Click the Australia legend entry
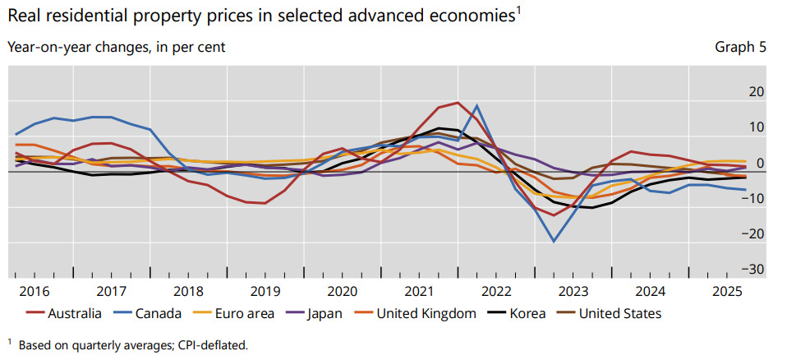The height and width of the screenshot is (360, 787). pyautogui.click(x=75, y=313)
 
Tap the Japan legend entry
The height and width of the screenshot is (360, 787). pyautogui.click(x=326, y=313)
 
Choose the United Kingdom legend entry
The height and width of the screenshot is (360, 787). pyautogui.click(x=426, y=313)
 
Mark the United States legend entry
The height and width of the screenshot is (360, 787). pyautogui.click(x=620, y=313)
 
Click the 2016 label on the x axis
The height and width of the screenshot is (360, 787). pyautogui.click(x=35, y=291)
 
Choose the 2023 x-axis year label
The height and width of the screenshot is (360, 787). pyautogui.click(x=573, y=291)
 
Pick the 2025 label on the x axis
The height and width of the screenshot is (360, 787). pyautogui.click(x=727, y=291)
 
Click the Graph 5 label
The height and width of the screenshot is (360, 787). pyautogui.click(x=740, y=47)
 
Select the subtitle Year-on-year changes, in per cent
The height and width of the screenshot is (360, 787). pyautogui.click(x=116, y=47)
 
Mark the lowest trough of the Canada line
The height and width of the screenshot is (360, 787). pyautogui.click(x=555, y=242)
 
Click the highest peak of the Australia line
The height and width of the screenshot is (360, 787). pyautogui.click(x=458, y=103)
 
